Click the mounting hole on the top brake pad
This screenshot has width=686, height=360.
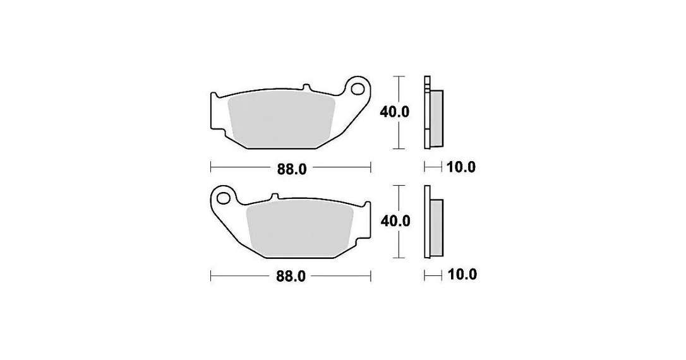tap(358, 88)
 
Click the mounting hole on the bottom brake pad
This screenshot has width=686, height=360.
tap(224, 198)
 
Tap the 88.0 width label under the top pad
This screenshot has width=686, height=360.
tap(292, 169)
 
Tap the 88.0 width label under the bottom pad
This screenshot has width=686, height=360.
tap(291, 277)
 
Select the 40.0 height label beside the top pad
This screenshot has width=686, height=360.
tap(395, 112)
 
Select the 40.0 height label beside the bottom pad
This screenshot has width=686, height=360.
tap(395, 221)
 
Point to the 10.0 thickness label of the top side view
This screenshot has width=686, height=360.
tap(460, 167)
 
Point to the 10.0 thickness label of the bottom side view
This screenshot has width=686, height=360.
tap(462, 275)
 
